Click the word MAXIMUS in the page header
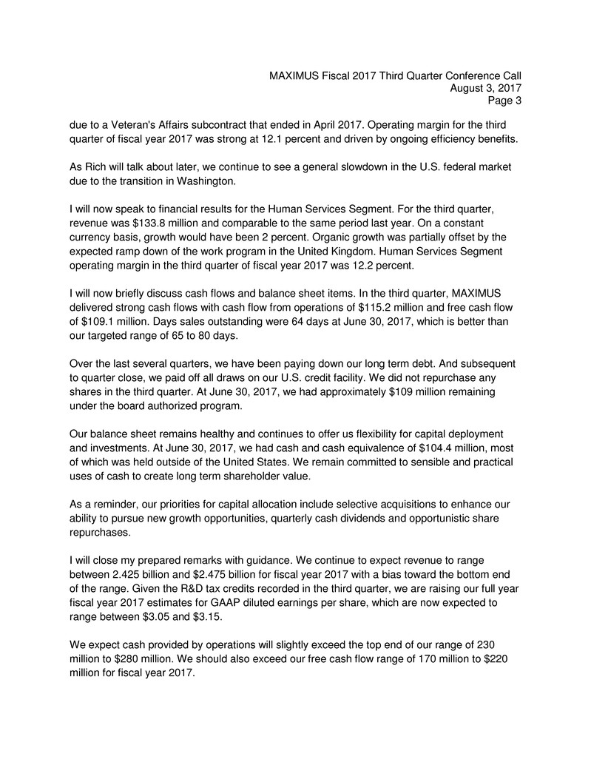(294, 75)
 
